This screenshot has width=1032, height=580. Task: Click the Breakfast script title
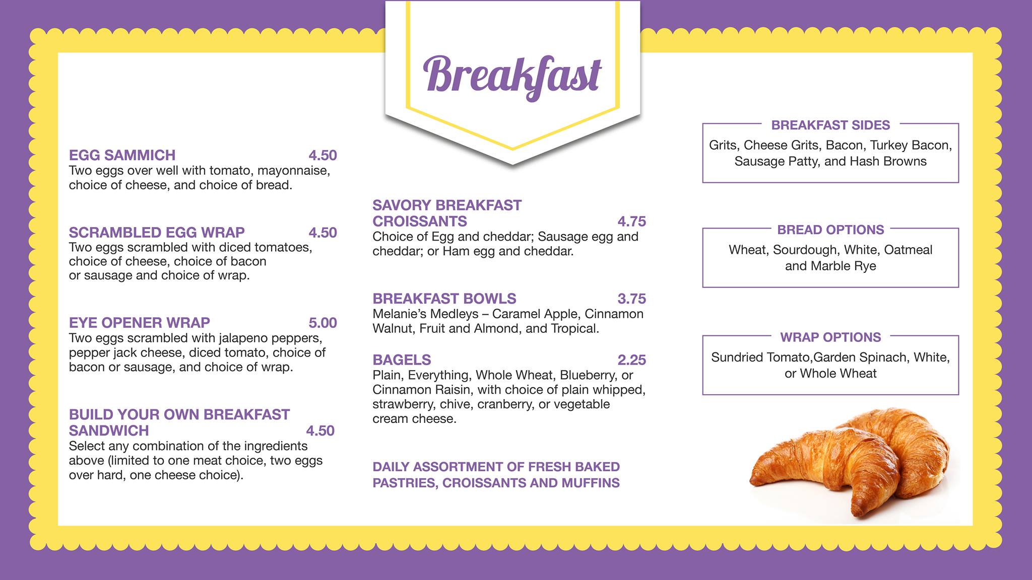[512, 77]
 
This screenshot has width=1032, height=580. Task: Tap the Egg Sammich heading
[122, 155]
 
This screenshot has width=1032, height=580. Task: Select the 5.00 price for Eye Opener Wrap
[322, 323]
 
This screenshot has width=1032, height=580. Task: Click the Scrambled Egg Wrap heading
[157, 233]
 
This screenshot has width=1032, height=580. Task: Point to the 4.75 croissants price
[631, 222]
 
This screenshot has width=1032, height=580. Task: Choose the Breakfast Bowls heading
[444, 299]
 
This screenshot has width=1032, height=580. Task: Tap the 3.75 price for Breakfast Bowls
[631, 299]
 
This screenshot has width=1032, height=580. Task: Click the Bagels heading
[402, 360]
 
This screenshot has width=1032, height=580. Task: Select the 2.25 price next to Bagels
[631, 360]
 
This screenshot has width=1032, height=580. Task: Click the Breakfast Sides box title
[830, 125]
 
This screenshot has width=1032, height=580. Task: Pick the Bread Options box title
[830, 230]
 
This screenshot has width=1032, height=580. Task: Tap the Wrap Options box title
[830, 337]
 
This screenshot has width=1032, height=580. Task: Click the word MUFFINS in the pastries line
[591, 483]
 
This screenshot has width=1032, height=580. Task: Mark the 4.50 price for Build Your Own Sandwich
[320, 431]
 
